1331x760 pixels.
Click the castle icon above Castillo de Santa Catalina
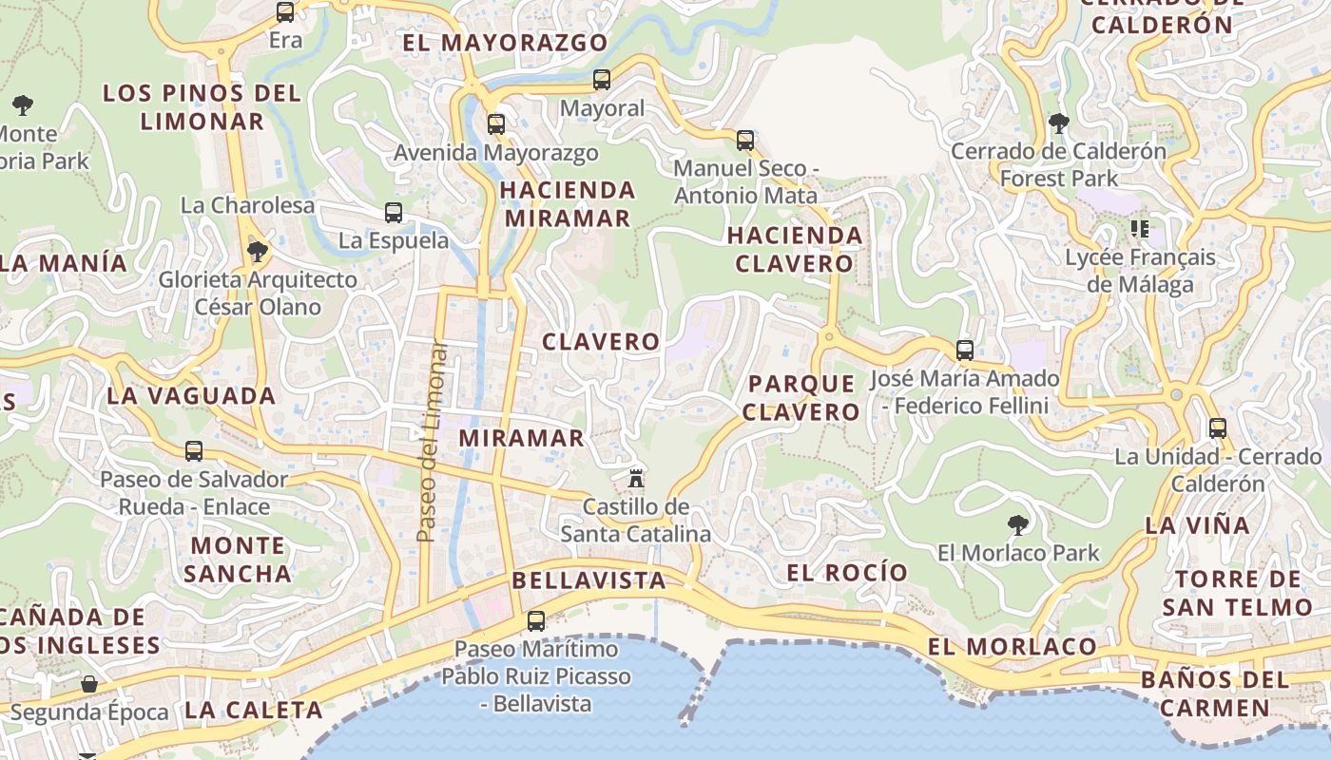click(x=636, y=477)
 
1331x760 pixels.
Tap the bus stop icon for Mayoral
click(x=601, y=80)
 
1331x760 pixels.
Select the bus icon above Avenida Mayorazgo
click(x=495, y=123)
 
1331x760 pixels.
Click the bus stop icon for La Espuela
click(x=394, y=213)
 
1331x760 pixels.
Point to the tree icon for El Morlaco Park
click(x=1018, y=524)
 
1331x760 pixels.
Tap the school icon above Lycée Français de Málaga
click(x=1140, y=228)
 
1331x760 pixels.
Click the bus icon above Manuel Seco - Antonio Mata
click(x=745, y=141)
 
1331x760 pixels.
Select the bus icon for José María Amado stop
click(x=965, y=351)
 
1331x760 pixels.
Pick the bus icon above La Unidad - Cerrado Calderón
click(x=1218, y=428)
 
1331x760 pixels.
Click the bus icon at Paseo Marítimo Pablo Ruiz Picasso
click(x=536, y=621)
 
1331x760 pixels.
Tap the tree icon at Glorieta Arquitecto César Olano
click(x=257, y=252)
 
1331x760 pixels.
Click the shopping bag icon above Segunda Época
click(x=89, y=684)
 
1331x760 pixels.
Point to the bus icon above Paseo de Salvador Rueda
click(x=194, y=451)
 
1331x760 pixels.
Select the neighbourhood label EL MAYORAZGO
click(x=505, y=43)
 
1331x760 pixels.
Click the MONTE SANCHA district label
click(x=238, y=560)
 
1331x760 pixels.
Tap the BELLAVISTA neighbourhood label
click(x=588, y=580)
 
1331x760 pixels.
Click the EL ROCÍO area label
click(x=848, y=572)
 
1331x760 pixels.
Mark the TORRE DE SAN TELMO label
click(x=1237, y=593)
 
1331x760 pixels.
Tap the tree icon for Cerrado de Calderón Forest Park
click(x=1058, y=123)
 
